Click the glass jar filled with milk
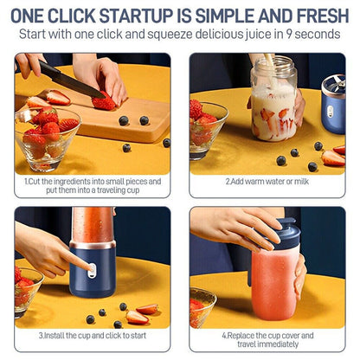[273, 100]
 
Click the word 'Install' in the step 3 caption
[54, 334]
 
